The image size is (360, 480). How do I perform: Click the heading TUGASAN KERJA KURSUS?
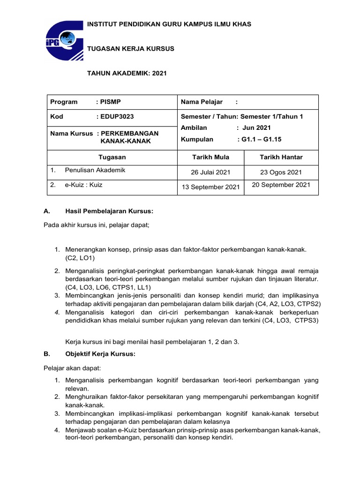[131, 49]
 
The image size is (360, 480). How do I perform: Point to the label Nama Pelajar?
[202, 102]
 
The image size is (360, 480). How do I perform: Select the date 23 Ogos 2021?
[281, 172]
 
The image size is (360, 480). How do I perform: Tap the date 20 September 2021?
[281, 185]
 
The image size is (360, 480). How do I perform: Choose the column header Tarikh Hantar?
[281, 157]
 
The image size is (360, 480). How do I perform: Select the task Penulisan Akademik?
[95, 170]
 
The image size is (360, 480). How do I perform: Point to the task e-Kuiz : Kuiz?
[83, 185]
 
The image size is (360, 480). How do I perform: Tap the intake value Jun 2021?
[256, 127]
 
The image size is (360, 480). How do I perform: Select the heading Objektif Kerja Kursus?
[100, 354]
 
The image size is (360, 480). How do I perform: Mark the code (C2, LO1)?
[80, 258]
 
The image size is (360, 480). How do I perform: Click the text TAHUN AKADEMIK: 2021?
[127, 74]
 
